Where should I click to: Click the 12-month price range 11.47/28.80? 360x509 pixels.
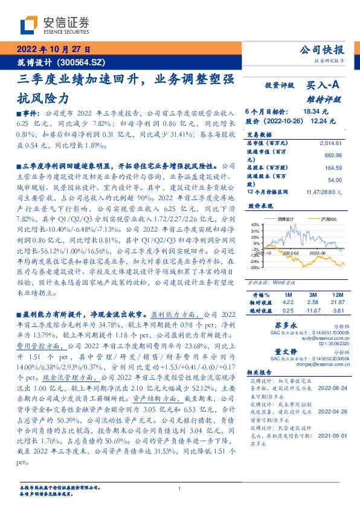(x=324, y=192)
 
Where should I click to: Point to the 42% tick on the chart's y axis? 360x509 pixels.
(x=254, y=224)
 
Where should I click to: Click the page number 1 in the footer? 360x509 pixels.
(x=180, y=488)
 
